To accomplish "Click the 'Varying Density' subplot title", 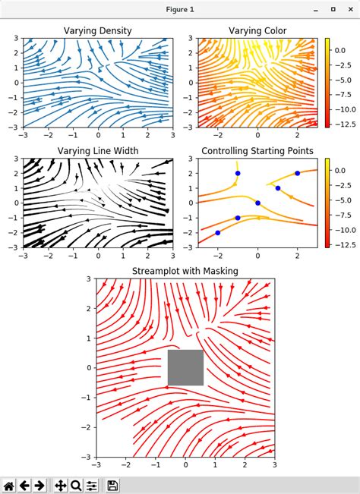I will click(98, 30).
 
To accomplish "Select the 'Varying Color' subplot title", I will click(258, 30).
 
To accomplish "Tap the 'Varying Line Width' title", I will click(98, 151).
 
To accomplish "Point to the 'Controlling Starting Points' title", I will click(257, 151).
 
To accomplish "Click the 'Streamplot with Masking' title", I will click(185, 271).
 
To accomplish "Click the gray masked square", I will click(185, 367).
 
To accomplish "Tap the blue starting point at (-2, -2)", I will click(218, 232).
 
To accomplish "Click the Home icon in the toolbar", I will click(10, 485).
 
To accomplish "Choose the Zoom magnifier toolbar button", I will click(77, 485).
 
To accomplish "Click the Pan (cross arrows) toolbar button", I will click(61, 485).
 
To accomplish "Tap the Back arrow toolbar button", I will click(25, 485).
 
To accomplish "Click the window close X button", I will click(350, 8).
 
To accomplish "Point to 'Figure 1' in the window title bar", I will click(180, 8).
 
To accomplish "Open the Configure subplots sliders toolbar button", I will click(92, 485).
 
